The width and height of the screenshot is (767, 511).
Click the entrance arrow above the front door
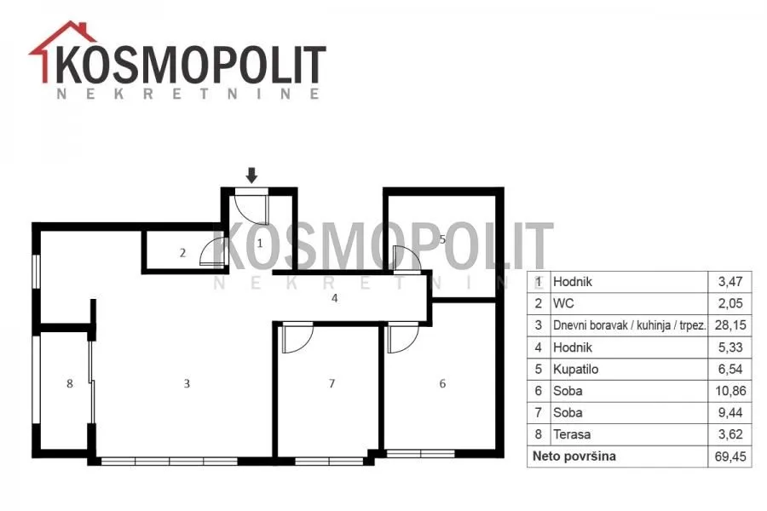pyautogui.click(x=252, y=175)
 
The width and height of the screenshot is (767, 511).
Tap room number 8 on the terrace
pyautogui.click(x=70, y=383)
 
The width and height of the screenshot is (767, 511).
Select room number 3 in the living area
pyautogui.click(x=187, y=383)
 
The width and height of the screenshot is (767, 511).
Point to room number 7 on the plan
pyautogui.click(x=332, y=383)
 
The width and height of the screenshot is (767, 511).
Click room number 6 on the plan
pyautogui.click(x=441, y=383)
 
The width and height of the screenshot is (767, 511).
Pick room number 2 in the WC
pyautogui.click(x=182, y=252)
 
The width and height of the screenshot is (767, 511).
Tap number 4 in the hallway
pyautogui.click(x=335, y=298)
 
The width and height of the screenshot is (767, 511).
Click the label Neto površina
pyautogui.click(x=574, y=457)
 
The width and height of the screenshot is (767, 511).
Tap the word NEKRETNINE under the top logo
pyautogui.click(x=187, y=94)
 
